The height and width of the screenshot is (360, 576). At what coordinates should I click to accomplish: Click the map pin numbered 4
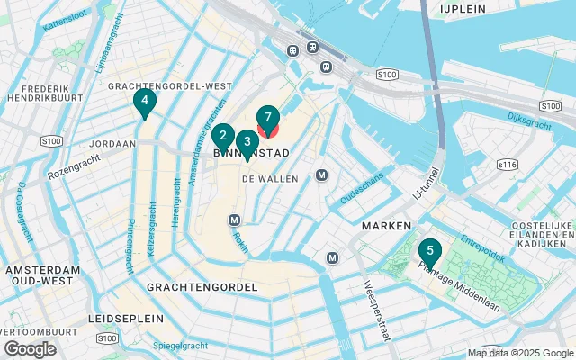(x=143, y=102)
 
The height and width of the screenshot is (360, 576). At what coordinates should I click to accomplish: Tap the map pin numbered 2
(x=222, y=137)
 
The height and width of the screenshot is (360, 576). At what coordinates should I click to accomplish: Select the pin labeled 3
(x=247, y=142)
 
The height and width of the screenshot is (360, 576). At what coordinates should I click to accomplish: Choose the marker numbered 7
(x=268, y=119)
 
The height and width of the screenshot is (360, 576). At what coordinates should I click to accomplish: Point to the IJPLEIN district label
(x=463, y=8)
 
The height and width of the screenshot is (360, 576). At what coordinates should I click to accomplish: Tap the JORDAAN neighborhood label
(x=112, y=143)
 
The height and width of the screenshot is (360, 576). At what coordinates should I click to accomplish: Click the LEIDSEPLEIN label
(x=126, y=319)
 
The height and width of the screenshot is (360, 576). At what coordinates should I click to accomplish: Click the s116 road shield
(x=508, y=165)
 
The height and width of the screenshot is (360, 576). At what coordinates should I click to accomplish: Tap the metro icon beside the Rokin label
(x=235, y=220)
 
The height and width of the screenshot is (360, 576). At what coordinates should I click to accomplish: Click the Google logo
(x=31, y=349)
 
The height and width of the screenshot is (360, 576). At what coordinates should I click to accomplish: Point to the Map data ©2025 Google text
(x=519, y=353)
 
